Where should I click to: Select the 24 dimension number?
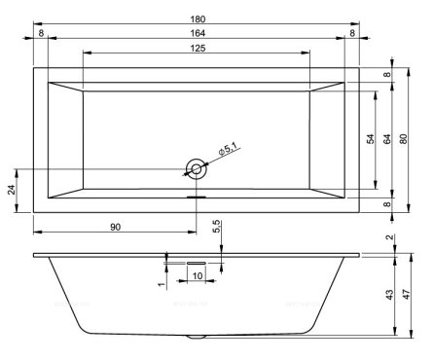tap(12, 190)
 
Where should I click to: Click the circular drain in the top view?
tap(196, 169)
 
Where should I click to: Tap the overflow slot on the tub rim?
tap(196, 192)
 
